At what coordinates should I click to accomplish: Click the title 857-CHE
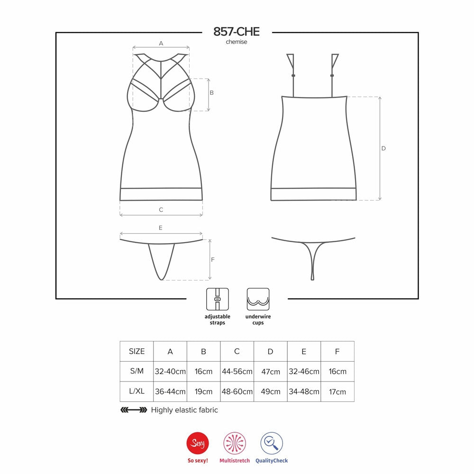click(237, 32)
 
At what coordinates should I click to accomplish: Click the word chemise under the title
click(237, 42)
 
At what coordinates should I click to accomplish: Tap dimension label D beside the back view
click(383, 148)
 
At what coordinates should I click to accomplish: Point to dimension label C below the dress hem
click(161, 210)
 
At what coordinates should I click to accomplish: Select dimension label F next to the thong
click(212, 260)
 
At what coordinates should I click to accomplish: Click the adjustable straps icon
click(218, 299)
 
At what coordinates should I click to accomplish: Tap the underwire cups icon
click(258, 299)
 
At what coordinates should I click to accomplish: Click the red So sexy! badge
click(198, 443)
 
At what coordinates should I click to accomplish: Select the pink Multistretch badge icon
click(235, 443)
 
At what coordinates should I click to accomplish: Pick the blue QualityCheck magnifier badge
click(272, 443)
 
